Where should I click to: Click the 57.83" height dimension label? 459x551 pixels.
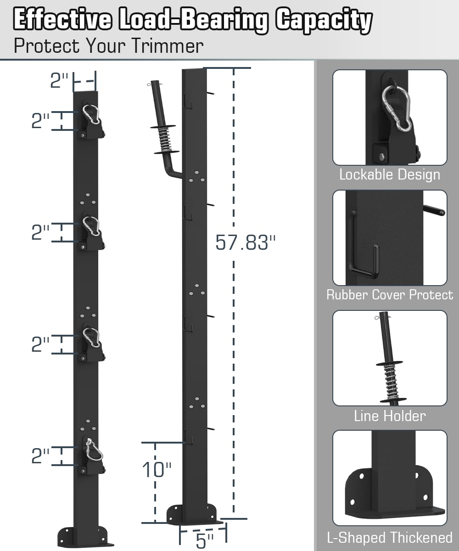pos(246,242)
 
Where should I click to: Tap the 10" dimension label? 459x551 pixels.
pos(157,470)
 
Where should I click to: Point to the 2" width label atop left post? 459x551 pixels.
pos(59,81)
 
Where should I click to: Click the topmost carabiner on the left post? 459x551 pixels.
pos(92,114)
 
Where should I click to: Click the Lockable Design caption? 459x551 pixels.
pos(389,174)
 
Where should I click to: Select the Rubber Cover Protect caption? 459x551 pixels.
pos(389,295)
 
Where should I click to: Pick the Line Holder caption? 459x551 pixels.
pos(389,416)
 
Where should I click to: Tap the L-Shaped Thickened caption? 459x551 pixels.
pos(389,537)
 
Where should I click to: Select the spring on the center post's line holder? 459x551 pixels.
pos(164,139)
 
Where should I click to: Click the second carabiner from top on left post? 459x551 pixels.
pos(92,226)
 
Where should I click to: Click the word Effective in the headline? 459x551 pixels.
pos(62,20)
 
